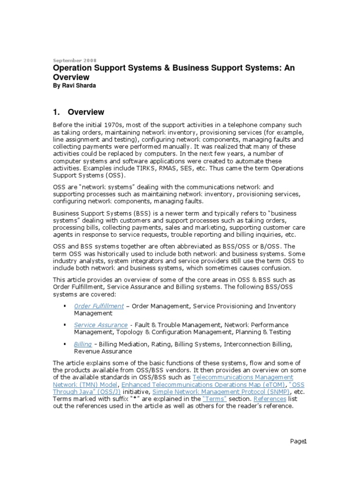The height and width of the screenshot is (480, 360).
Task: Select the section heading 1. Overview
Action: coord(78,112)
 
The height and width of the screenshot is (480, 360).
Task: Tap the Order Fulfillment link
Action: coord(99,306)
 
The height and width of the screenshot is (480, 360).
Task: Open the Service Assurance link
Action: coord(101,325)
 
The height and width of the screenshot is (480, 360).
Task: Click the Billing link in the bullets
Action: coord(83,344)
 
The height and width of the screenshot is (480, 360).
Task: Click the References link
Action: coord(270,399)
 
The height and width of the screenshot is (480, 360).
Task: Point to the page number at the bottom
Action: coord(298,441)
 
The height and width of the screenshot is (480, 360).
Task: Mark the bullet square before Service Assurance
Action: coord(63,325)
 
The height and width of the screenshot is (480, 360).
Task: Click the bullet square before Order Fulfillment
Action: coord(63,306)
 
